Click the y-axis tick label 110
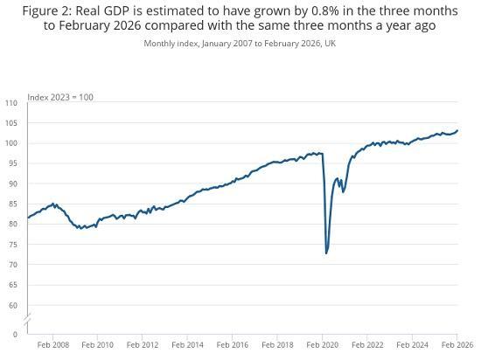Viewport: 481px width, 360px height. click(10, 103)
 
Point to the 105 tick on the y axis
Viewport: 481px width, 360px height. click(10, 123)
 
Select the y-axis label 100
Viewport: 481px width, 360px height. click(10, 143)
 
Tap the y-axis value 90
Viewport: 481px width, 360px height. click(12, 183)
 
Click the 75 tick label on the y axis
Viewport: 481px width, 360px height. click(12, 245)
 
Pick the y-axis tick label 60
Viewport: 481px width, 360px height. click(12, 305)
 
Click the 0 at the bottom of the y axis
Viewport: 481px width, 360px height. click(15, 334)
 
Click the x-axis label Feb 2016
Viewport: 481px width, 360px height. click(233, 345)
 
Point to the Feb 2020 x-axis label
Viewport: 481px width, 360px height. click(323, 345)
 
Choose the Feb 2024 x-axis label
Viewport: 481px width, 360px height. click(413, 345)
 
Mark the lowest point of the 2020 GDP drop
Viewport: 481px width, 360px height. click(326, 253)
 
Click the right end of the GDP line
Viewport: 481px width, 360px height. click(457, 131)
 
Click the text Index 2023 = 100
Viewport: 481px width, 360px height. click(60, 97)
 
